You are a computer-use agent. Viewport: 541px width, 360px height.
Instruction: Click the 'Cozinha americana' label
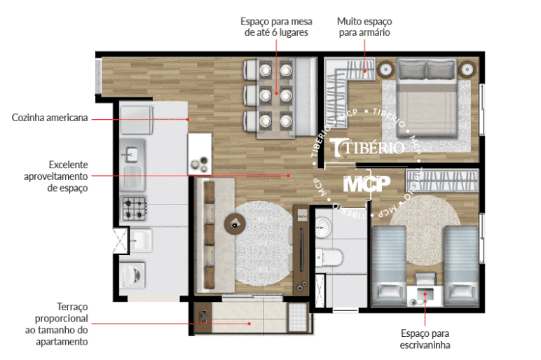coord(50,118)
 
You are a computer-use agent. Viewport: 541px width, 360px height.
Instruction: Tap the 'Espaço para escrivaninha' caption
coord(425,339)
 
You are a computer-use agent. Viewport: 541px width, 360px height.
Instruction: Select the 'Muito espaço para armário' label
coord(364,27)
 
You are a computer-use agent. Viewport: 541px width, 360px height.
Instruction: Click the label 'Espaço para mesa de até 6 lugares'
coord(276,27)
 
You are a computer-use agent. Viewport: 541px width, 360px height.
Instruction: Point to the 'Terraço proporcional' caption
coord(62,312)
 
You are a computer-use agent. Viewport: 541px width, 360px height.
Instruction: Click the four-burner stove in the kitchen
coord(135,208)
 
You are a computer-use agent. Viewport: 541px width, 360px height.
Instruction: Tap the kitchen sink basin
coord(131,153)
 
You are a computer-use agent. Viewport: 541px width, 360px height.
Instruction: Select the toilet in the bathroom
coord(329,257)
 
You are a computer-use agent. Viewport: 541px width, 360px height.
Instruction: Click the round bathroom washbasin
coord(323,228)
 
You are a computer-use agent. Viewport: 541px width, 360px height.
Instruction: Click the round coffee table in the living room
coord(235,224)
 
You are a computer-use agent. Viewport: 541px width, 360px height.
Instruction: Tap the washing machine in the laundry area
coord(132,275)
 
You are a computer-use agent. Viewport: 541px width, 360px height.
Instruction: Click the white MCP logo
coord(367,184)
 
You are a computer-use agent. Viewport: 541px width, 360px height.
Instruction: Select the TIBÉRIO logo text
coord(368,148)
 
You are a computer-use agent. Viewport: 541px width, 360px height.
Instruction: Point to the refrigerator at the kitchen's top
coord(137,120)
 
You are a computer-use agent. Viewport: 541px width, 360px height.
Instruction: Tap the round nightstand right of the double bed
coord(467,69)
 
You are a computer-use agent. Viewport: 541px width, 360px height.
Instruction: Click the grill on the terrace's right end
coord(297,317)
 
